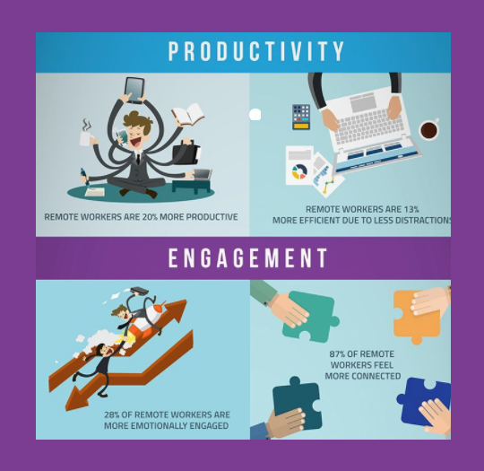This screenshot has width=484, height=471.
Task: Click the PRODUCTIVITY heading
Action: tap(256, 50)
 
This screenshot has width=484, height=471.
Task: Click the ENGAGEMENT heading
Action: tap(248, 257)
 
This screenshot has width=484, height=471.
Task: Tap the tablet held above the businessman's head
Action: tap(134, 90)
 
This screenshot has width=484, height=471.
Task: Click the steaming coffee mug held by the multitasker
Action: tap(85, 138)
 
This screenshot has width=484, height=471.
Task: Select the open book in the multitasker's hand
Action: tap(188, 114)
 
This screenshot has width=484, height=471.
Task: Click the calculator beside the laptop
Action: tap(301, 117)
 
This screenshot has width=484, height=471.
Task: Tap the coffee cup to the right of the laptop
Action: tap(429, 129)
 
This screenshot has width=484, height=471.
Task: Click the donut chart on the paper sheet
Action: tap(299, 171)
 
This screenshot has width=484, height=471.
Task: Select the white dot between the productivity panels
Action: tap(255, 115)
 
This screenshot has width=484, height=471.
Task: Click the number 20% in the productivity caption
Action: tap(150, 217)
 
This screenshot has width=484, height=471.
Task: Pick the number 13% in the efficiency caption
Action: tap(411, 210)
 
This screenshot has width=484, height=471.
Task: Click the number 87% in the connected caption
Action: tap(337, 353)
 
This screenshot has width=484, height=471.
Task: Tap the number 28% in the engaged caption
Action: tap(112, 414)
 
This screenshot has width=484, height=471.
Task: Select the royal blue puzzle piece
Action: tap(423, 401)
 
